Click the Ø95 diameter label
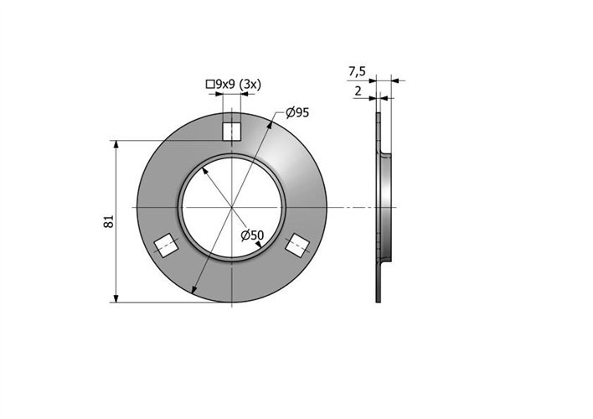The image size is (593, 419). tap(297, 112)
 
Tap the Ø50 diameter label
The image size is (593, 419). tap(252, 235)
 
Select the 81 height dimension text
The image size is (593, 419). tap(109, 221)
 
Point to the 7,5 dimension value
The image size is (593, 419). tap(357, 71)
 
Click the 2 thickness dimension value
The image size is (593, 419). tap(358, 91)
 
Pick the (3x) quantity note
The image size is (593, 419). tap(250, 84)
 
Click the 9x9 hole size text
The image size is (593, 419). tap(226, 84)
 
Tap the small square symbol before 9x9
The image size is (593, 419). tap(210, 84)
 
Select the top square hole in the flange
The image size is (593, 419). tap(231, 132)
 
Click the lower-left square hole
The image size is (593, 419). tap(167, 246)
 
